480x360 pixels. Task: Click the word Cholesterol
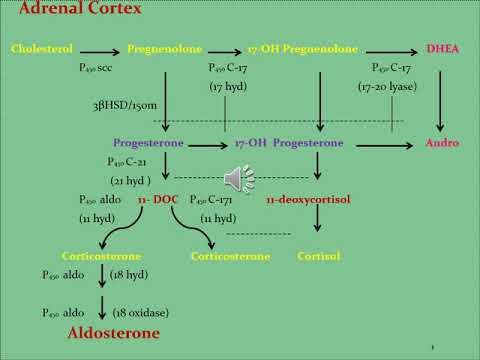(x=41, y=48)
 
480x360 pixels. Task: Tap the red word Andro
(x=442, y=143)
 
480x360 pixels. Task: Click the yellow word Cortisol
(x=319, y=256)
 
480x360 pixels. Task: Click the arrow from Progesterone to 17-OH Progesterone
(x=203, y=143)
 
